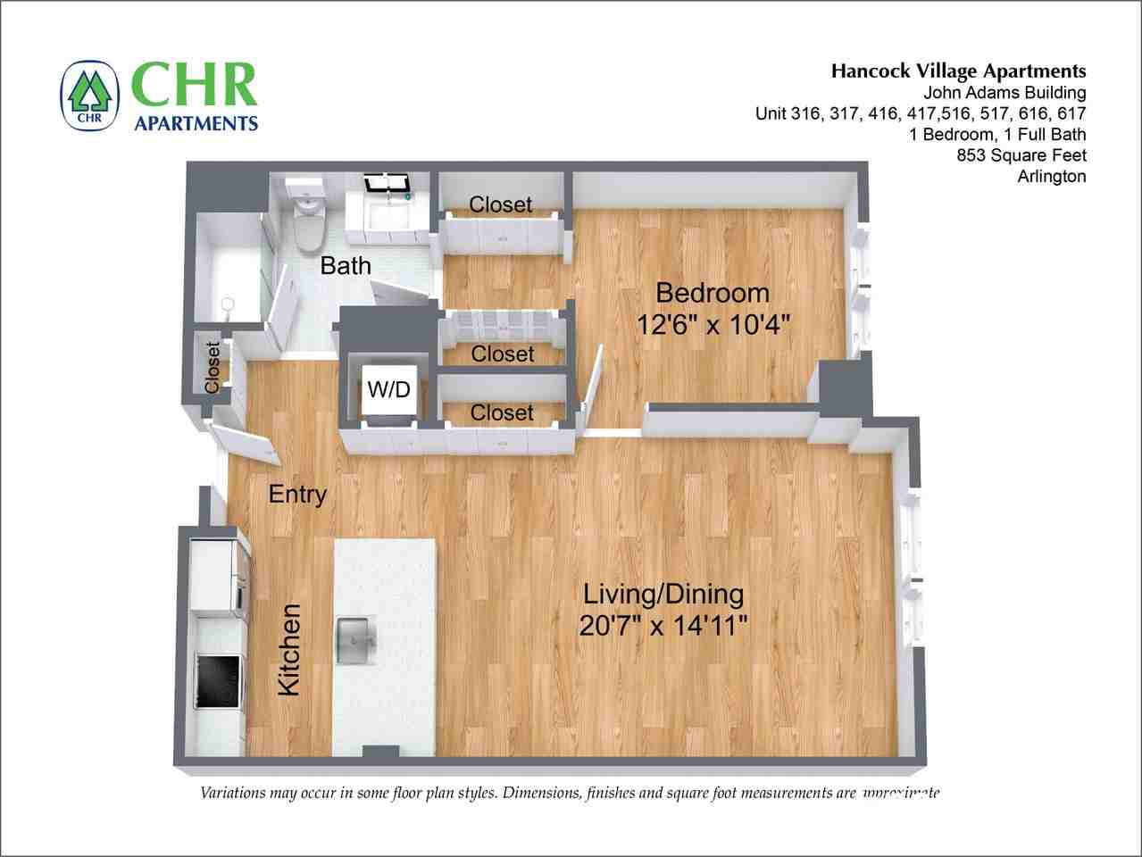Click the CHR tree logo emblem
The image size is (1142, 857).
pos(90,96)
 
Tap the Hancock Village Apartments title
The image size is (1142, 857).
pos(958,71)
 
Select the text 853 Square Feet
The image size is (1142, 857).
pos(1021,155)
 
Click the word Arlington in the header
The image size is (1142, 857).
pos(1051,177)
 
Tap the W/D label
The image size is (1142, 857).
pos(389,390)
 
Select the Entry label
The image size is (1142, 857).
pos(297,495)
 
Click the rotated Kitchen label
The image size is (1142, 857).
pos(289,650)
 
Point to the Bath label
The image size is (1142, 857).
pos(346,266)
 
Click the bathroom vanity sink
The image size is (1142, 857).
pos(386,211)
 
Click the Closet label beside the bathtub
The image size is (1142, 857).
pos(213,367)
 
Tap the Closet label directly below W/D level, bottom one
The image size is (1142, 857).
pos(502,412)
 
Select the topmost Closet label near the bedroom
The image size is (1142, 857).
pos(500,204)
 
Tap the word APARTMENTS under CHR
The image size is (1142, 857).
pos(195,122)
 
